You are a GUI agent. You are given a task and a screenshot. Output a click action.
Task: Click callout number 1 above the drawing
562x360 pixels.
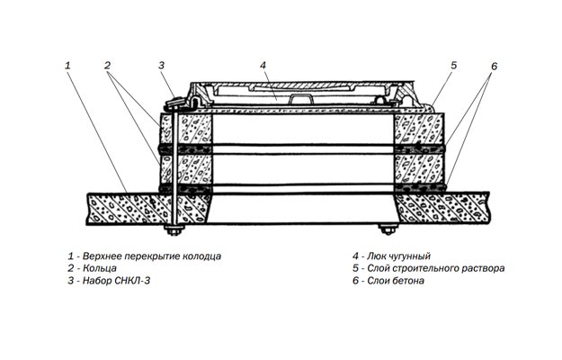point(67,65)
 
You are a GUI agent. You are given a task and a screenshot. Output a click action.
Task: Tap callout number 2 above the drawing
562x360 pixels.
point(107,65)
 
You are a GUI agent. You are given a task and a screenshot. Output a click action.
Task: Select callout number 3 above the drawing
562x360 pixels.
point(161,65)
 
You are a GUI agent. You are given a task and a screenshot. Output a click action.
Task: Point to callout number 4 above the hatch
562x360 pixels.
point(263,65)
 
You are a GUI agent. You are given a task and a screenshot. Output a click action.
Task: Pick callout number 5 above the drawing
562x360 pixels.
point(454,65)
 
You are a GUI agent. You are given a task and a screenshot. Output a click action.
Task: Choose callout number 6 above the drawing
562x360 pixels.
point(494,67)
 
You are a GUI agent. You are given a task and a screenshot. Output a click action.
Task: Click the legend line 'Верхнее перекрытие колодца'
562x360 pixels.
point(144,256)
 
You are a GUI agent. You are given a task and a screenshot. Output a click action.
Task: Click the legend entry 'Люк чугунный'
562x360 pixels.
point(395,256)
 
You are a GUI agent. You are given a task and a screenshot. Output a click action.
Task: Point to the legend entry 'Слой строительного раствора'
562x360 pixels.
point(429,268)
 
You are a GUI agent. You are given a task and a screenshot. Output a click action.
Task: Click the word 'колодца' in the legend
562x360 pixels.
point(201,256)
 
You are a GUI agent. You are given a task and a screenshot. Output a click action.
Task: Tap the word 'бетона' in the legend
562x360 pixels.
point(406,281)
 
